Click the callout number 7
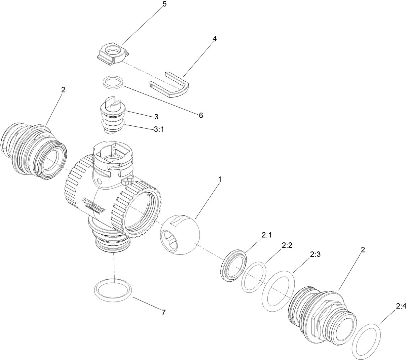coord(163,313)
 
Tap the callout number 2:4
coord(401,306)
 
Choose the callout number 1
coord(220,180)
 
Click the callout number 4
coord(214,38)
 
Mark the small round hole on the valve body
coord(100,182)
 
